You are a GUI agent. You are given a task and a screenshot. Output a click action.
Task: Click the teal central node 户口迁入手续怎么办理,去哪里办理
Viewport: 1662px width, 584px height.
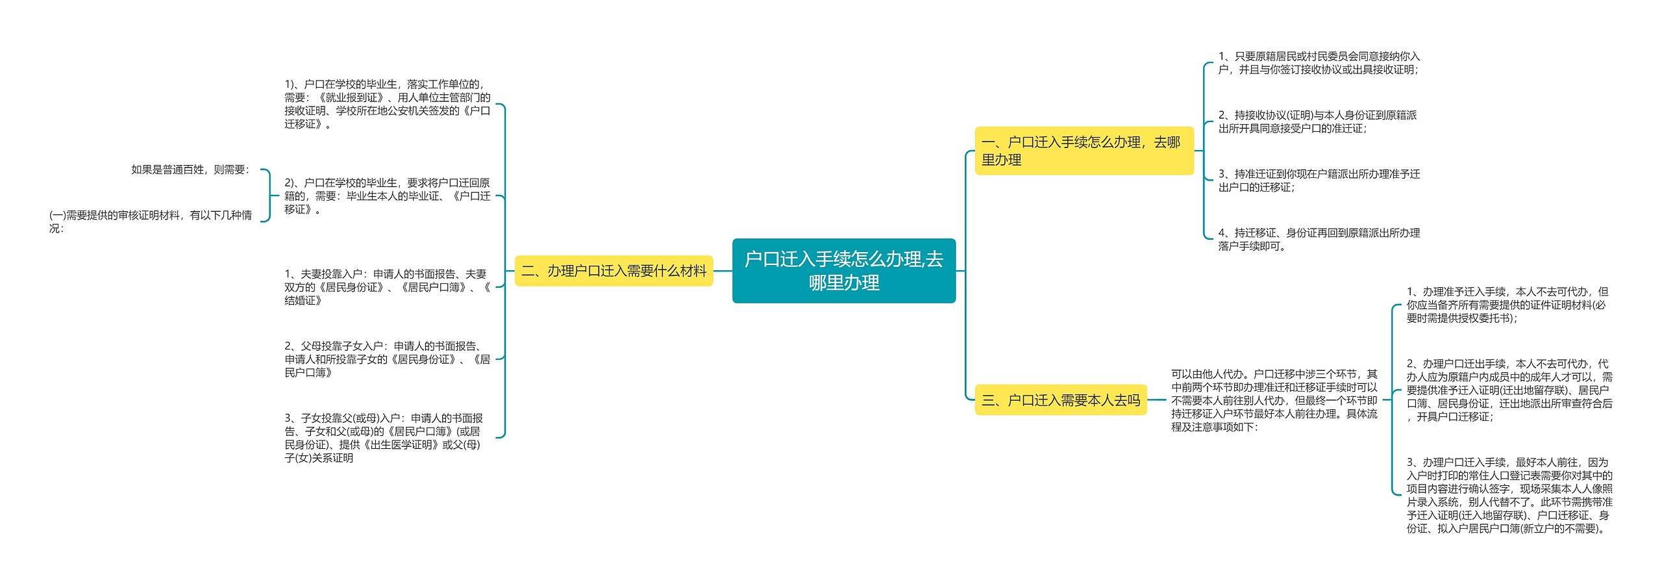coord(843,271)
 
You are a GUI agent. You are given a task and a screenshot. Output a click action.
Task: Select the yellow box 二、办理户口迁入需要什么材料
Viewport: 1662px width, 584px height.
coord(614,271)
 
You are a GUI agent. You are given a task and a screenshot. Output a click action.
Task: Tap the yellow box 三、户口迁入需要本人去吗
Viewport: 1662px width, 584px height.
coord(1060,400)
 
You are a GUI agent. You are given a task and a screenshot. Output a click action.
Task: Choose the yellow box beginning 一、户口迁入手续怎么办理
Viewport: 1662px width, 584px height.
coord(1084,151)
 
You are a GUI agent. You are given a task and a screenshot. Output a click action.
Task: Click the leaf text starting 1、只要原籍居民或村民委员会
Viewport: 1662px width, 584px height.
coord(1318,63)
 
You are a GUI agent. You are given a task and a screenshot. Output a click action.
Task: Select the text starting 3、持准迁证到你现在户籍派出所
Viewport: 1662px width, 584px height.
coord(1318,181)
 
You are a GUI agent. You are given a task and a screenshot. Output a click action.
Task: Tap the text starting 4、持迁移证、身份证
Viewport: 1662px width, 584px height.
coord(1318,239)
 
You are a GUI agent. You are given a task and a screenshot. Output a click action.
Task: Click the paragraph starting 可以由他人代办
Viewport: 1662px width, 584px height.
coord(1274,400)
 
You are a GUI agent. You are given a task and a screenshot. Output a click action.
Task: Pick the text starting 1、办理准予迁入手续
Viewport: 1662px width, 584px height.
coord(1507,305)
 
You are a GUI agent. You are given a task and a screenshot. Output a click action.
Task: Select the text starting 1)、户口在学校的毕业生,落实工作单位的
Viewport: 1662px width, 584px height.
coord(387,104)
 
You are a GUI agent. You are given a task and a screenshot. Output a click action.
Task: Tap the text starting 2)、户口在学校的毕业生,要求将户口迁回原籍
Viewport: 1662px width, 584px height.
coord(387,196)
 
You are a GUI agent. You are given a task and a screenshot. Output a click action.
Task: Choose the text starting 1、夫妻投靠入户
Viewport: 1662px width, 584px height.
coord(387,287)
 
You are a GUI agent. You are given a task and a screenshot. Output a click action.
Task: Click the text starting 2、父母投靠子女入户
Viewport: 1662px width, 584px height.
coord(387,359)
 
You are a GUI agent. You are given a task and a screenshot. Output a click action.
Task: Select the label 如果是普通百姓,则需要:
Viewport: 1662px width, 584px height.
coord(190,170)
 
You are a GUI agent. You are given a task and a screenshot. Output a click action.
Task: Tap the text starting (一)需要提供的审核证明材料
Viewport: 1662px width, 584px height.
coord(151,222)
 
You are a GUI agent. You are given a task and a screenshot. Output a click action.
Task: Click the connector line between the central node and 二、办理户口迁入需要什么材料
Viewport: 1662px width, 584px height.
coord(723,271)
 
